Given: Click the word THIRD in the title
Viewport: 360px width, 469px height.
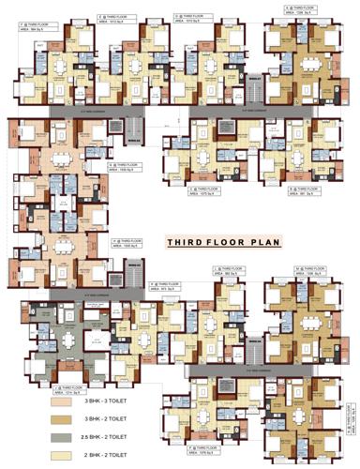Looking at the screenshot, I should [186, 242].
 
